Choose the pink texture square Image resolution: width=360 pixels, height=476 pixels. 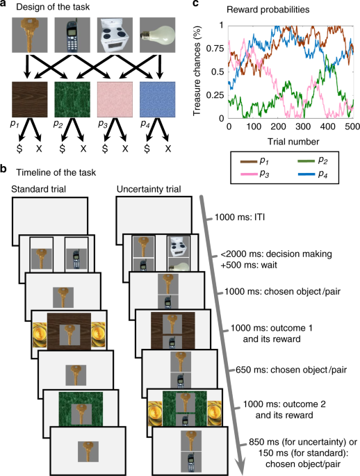coord(117,101)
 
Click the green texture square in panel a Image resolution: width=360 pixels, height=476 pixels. coord(73,101)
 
